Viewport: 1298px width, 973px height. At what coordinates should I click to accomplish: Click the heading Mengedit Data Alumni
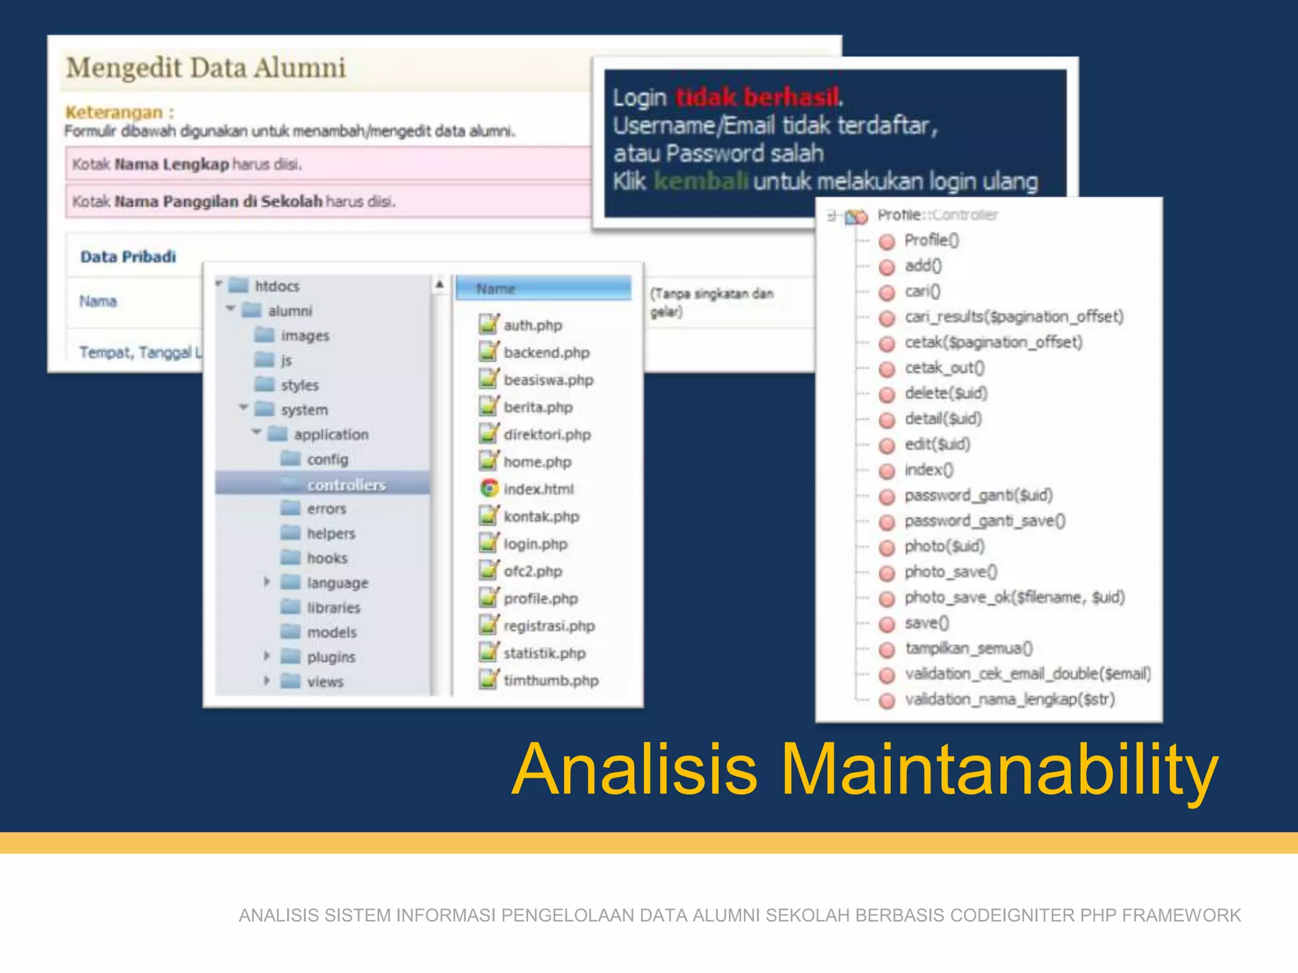pyautogui.click(x=206, y=68)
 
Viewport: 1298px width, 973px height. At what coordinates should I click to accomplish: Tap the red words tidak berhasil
pyautogui.click(x=757, y=97)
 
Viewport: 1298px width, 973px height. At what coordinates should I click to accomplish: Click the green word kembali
pyautogui.click(x=700, y=182)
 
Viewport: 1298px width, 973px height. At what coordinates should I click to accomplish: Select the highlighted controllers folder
pyautogui.click(x=346, y=485)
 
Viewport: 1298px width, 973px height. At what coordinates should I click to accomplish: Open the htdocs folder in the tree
pyautogui.click(x=276, y=286)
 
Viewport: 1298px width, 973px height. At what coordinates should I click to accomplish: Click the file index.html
pyautogui.click(x=538, y=489)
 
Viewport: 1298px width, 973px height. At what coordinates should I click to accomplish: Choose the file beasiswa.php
pyautogui.click(x=548, y=380)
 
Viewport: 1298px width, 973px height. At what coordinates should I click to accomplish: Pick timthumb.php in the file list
pyautogui.click(x=551, y=680)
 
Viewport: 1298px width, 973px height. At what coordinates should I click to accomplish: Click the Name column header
pyautogui.click(x=496, y=289)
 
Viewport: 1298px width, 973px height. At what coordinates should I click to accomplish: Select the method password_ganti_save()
pyautogui.click(x=984, y=521)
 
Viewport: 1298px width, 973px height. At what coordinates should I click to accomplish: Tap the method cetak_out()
pyautogui.click(x=944, y=367)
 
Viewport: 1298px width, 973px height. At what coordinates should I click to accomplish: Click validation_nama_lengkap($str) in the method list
pyautogui.click(x=1009, y=699)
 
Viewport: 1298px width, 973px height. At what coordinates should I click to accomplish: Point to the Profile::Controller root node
pyautogui.click(x=937, y=215)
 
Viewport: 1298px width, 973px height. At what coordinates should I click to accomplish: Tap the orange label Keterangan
pyautogui.click(x=114, y=112)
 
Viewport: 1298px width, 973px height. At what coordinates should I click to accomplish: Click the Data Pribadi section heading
pyautogui.click(x=128, y=257)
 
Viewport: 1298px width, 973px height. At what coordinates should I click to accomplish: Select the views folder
pyautogui.click(x=324, y=682)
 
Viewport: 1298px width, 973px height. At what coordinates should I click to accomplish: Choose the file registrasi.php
pyautogui.click(x=549, y=626)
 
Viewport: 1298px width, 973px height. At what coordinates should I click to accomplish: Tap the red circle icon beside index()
pyautogui.click(x=887, y=471)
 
